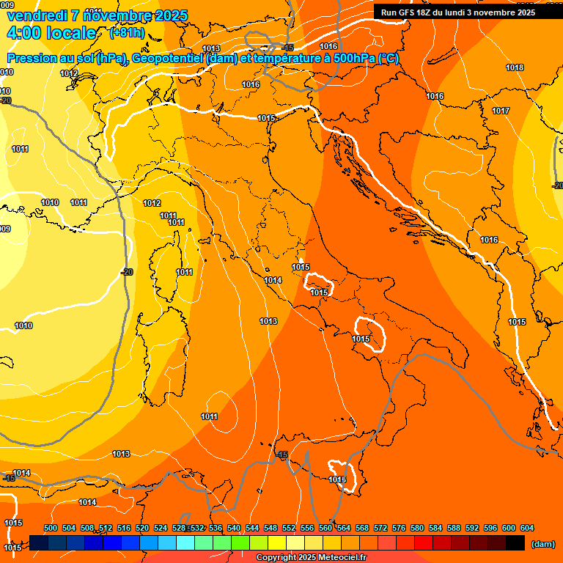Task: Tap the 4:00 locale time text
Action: tap(51, 33)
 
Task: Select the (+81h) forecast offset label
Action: tap(127, 33)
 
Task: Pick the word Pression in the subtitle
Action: tap(33, 59)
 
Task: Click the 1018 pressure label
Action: tap(515, 67)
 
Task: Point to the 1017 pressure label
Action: tap(501, 111)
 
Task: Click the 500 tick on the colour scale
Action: tap(51, 528)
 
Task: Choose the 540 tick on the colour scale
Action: tap(234, 528)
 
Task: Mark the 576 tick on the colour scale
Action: tap(399, 528)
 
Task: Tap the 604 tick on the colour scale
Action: tap(527, 528)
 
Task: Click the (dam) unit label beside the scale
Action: tap(543, 544)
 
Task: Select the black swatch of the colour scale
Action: tap(515, 543)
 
